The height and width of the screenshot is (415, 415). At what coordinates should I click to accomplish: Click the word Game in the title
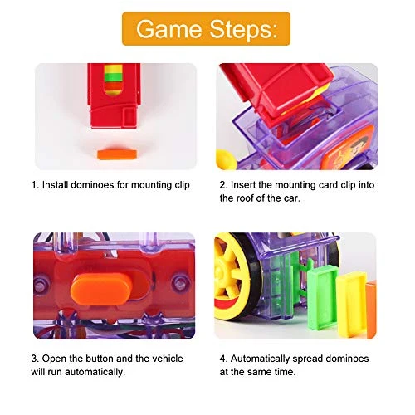pos(168,29)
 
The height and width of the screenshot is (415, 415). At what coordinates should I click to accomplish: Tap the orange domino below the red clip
pos(117,154)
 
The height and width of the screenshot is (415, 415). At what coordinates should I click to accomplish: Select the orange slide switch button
pos(101,289)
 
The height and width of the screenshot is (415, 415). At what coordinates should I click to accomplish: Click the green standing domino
pos(323,299)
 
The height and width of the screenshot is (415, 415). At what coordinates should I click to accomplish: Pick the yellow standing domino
pos(352,305)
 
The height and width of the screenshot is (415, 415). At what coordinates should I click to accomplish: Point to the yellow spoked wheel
pos(231,276)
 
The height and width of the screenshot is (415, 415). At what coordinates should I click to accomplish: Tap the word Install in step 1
pos(56,185)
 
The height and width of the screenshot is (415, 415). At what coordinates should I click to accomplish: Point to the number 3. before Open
pos(35,359)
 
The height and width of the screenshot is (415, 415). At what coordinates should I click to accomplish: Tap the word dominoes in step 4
pos(347,359)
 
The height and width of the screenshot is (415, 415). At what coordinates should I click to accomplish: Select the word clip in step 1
pos(182,185)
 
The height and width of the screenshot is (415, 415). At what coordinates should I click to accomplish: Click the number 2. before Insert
pos(223,185)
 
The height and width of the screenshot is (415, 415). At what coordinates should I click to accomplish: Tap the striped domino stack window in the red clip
pos(114,81)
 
